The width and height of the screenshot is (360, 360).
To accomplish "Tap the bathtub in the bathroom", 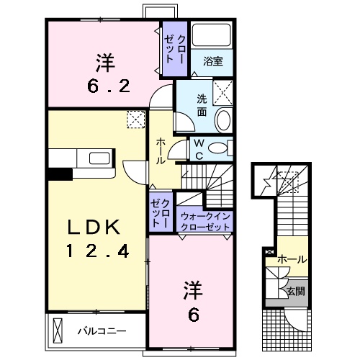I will click(213, 36).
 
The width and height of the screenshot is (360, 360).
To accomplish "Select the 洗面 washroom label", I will click(202, 107).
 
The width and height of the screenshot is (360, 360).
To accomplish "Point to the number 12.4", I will click(98, 251).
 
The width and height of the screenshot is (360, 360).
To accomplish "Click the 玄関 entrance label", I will click(295, 292).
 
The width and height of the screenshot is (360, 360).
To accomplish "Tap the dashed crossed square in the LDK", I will click(135, 120).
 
